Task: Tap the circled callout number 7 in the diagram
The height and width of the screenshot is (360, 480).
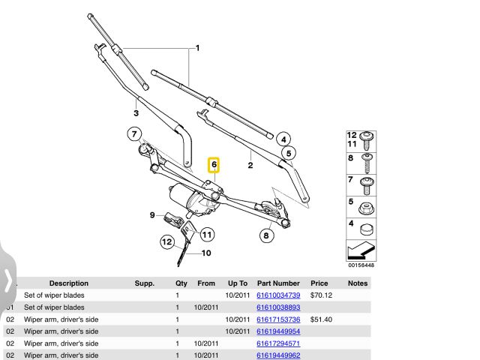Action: pos(134,136)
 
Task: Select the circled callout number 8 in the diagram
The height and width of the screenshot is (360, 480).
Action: pos(265,235)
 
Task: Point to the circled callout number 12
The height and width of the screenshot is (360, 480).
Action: pos(167,241)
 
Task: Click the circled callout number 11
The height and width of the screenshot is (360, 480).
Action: pos(205,235)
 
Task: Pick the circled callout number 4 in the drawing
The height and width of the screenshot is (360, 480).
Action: pos(282,139)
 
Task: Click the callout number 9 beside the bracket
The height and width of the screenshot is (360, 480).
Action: pos(151,215)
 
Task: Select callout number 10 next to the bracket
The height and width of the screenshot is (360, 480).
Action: pos(205,253)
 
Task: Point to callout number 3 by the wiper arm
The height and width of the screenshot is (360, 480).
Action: pos(136,113)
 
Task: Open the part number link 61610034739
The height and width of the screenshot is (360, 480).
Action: pos(278,295)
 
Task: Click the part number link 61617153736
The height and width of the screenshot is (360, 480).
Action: pos(278,319)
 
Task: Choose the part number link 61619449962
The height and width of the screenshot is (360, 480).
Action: pos(278,355)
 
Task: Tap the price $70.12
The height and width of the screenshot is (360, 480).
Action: pos(321,295)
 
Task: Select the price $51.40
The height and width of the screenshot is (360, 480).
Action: pos(321,319)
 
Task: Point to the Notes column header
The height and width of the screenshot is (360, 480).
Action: pos(358,283)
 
